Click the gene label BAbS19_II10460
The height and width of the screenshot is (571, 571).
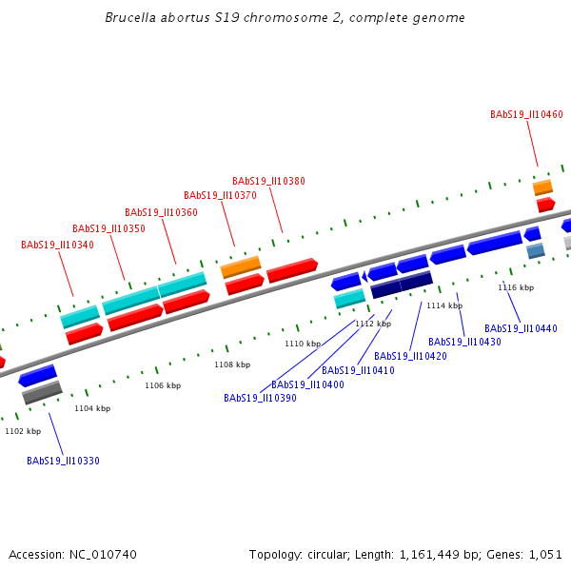coord(526,114)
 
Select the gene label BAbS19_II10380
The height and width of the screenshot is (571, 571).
coord(268,181)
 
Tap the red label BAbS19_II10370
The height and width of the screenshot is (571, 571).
coord(220,195)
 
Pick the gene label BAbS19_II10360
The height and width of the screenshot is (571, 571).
coord(161,212)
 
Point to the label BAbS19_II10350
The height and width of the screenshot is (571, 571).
coord(108,228)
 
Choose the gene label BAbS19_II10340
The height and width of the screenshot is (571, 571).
coord(57,245)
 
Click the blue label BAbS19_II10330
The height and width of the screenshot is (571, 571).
coord(63,461)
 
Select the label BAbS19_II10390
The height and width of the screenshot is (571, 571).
coord(260,398)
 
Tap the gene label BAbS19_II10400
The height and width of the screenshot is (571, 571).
coord(307,384)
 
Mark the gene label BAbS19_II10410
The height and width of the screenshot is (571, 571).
coord(358,370)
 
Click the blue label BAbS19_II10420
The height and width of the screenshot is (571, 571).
coord(410,356)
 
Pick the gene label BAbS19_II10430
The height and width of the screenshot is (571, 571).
coord(464,342)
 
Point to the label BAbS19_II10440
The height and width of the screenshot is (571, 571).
coord(521,328)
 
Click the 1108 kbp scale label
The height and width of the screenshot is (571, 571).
coord(232,364)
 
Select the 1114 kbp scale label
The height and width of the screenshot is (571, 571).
coord(444,305)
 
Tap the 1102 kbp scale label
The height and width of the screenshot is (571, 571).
coord(23,431)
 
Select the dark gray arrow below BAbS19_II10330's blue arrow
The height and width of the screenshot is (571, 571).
coord(42,391)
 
